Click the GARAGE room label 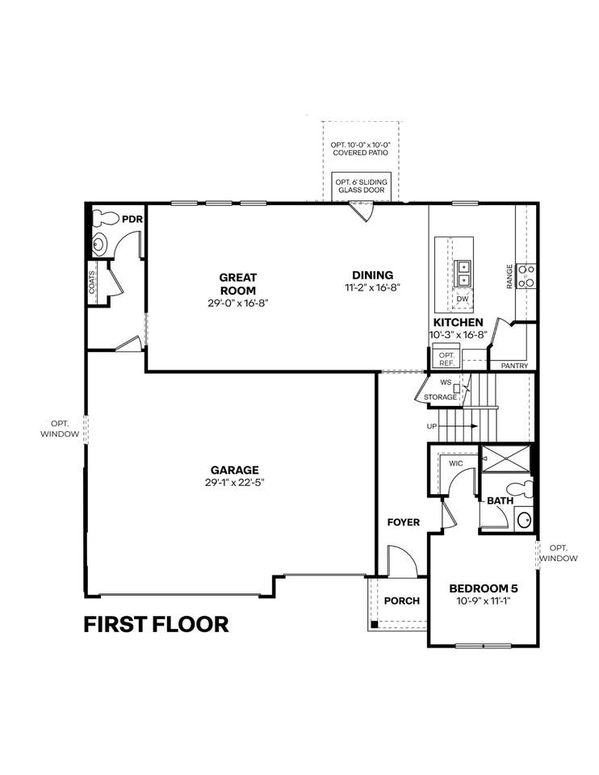[235, 470]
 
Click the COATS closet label [92, 282]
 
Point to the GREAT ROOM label [238, 283]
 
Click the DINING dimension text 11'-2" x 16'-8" [371, 287]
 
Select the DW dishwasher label [463, 299]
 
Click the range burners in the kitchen [526, 276]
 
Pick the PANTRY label [514, 366]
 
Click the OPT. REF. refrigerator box [446, 358]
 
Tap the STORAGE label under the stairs [440, 397]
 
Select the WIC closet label [455, 463]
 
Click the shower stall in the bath [505, 459]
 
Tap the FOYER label [404, 522]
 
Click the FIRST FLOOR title [156, 624]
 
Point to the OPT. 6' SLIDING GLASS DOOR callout [362, 186]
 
